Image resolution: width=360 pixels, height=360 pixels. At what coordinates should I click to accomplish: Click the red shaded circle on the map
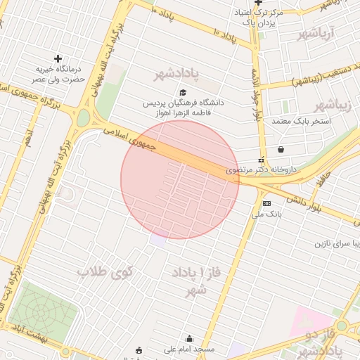click(180, 179)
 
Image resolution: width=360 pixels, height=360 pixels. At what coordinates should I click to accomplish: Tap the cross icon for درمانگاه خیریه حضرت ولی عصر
click(58, 58)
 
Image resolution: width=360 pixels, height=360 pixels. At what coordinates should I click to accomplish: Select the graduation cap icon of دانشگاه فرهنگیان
click(184, 93)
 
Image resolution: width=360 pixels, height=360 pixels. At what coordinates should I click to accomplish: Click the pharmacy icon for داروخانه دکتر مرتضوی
click(262, 160)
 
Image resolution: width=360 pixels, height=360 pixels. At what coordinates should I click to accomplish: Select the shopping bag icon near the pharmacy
click(281, 149)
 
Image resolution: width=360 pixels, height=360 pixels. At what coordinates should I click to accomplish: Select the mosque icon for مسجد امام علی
click(188, 338)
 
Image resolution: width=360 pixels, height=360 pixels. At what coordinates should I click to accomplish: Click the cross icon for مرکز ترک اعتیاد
click(258, 4)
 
